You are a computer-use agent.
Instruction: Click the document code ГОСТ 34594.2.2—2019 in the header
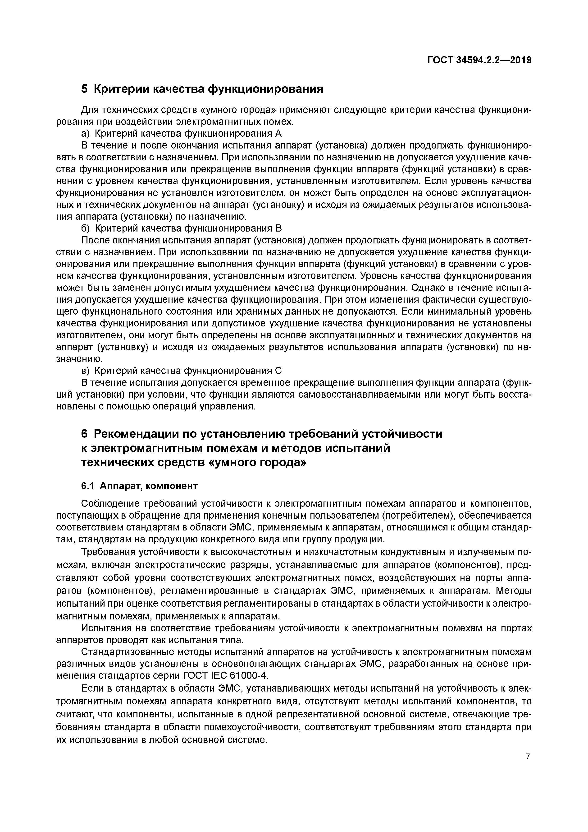coord(479,60)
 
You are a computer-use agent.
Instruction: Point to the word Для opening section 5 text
coord(89,109)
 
